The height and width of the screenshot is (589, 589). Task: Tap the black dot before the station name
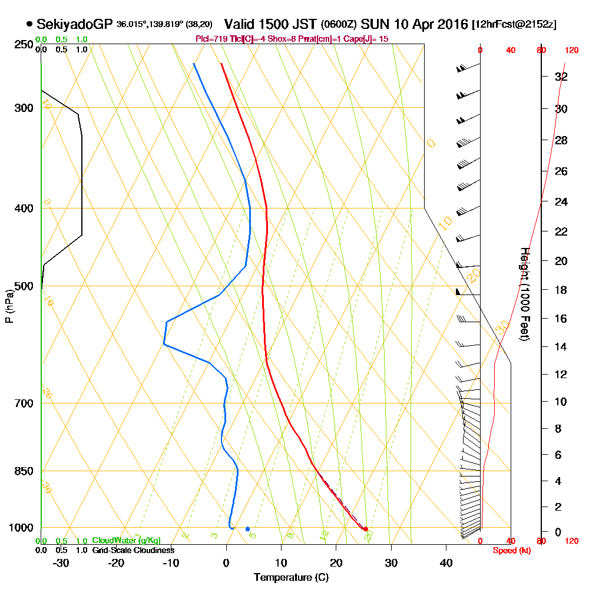coord(29,25)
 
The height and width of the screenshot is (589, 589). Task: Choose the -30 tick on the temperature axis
coord(61,562)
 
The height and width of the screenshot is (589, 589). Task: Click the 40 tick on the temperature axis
coord(446,562)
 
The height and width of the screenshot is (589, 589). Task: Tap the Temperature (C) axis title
coord(291,577)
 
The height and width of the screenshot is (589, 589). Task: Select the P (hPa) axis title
coord(9,306)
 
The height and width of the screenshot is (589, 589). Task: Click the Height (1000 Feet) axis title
coord(525,294)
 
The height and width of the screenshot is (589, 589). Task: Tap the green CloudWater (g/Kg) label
coord(126,541)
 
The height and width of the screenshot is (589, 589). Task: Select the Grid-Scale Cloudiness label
coord(133,550)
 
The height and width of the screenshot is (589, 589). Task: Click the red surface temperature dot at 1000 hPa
coord(366,529)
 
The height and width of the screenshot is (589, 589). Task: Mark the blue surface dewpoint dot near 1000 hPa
coord(247,529)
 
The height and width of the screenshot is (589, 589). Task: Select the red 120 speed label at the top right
coord(571,51)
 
